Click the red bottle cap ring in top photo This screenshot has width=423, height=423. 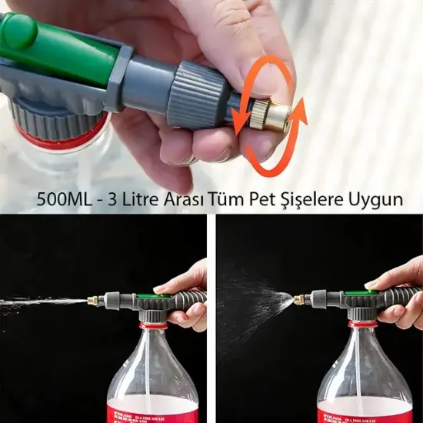tap(54, 143)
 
